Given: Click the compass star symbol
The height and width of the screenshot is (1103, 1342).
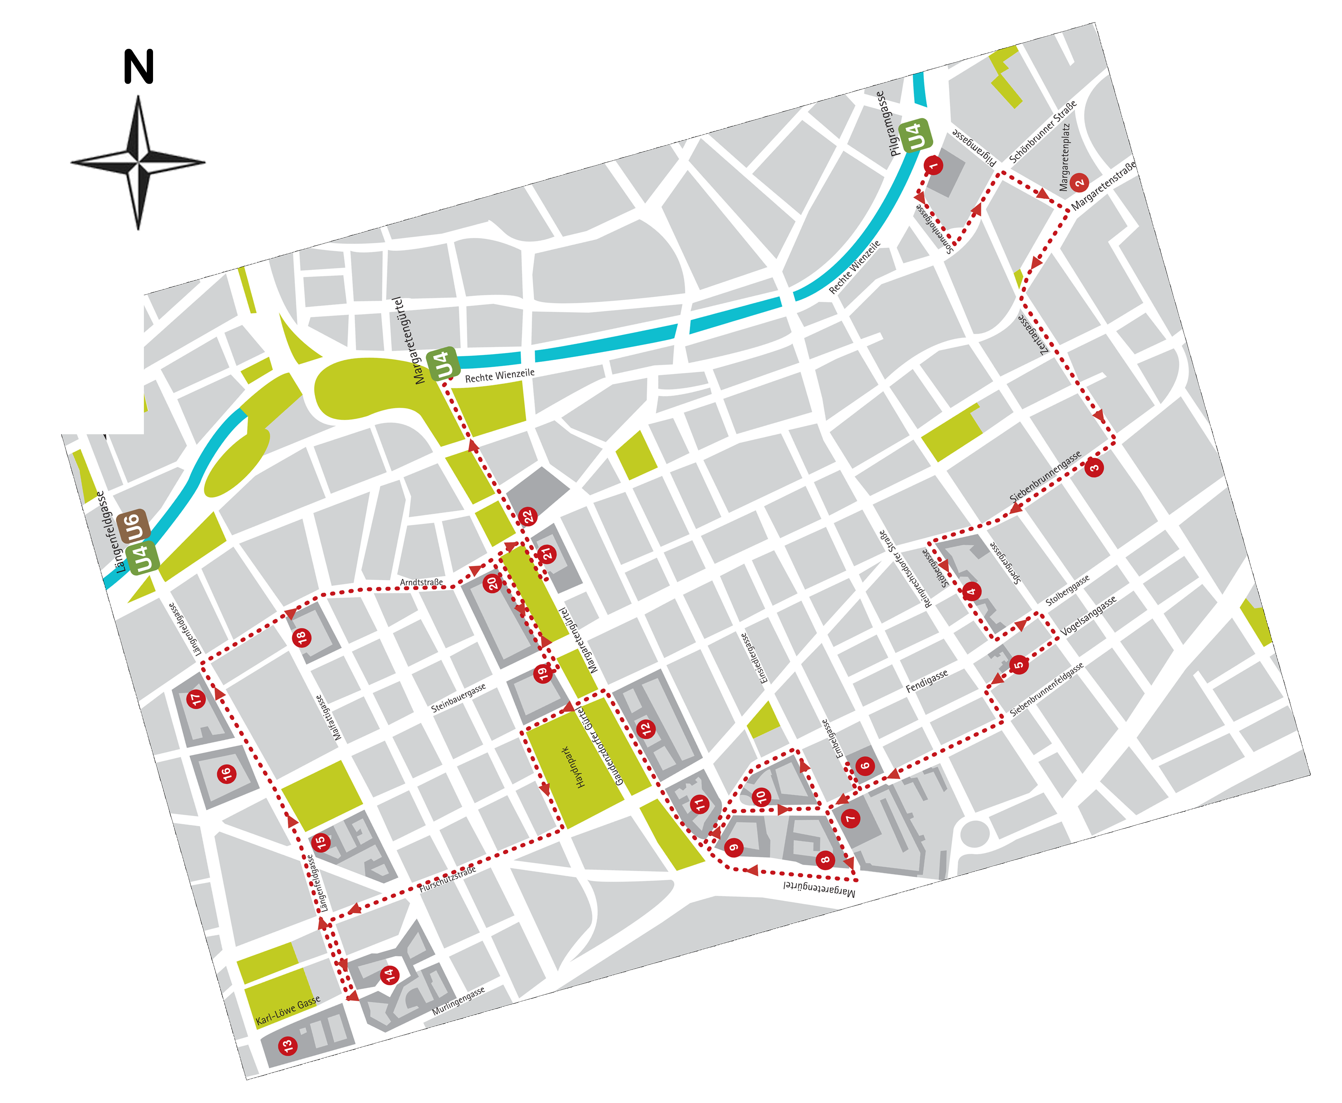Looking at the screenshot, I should tap(138, 162).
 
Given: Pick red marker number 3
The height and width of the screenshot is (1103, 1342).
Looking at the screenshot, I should tap(1094, 468).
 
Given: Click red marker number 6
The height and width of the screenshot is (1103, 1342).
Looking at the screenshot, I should tap(864, 766).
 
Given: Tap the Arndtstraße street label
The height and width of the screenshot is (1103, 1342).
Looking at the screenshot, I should tap(421, 582).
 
